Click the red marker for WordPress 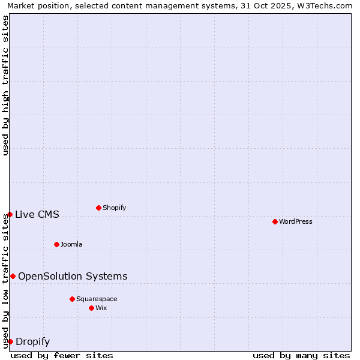point(275,221)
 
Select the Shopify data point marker point(98,208)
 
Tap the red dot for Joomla point(56,244)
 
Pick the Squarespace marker point(72,299)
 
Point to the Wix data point point(91,308)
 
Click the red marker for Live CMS point(10,214)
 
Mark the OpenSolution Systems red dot point(13,276)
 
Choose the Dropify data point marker point(10,341)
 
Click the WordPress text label point(296,221)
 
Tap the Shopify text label point(114,208)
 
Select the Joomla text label point(71,244)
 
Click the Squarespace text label point(97,299)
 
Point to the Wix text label point(101,308)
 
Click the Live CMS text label point(37,214)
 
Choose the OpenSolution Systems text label point(73,276)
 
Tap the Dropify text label point(32,341)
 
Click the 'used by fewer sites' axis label point(62,355)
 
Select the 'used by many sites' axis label point(301,355)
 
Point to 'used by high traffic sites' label point(6,85)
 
